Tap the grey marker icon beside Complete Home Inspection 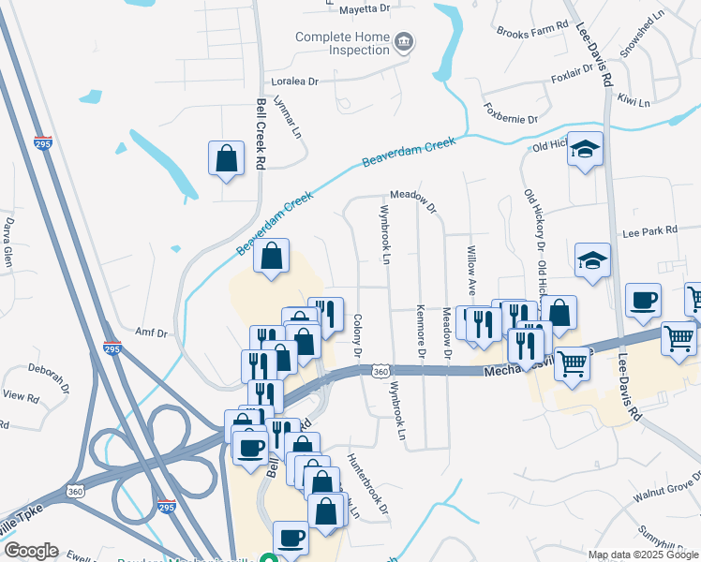click(x=405, y=42)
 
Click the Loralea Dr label click(x=294, y=81)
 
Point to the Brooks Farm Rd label click(x=532, y=30)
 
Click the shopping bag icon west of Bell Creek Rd click(x=227, y=157)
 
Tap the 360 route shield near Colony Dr click(x=380, y=372)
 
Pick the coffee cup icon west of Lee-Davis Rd click(x=643, y=300)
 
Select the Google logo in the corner click(x=31, y=551)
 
